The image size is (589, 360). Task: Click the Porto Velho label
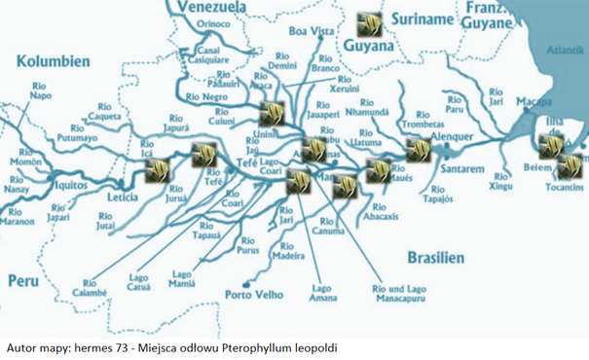coord(253,295)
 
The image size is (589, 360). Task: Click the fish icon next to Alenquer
coord(418,150)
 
